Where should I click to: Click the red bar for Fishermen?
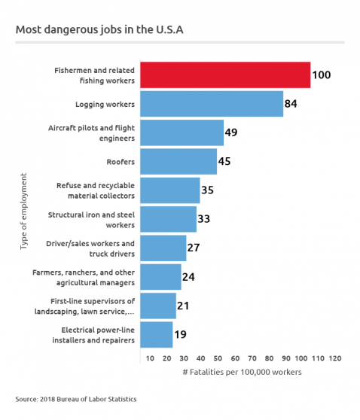225,75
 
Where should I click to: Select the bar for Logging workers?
212,104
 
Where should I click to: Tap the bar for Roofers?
178,161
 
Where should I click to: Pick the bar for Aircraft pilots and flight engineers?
182,132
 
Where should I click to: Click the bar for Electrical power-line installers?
157,334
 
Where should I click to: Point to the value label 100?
322,75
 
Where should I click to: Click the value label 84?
292,104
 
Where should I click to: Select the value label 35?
208,190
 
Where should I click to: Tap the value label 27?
194,248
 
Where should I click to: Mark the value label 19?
181,334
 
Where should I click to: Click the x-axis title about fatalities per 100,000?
242,373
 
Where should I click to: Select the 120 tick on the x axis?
335,358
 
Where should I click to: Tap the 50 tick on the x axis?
218,358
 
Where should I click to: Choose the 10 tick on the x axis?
150,358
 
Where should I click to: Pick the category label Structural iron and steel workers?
96,219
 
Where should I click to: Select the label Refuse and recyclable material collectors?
96,190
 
